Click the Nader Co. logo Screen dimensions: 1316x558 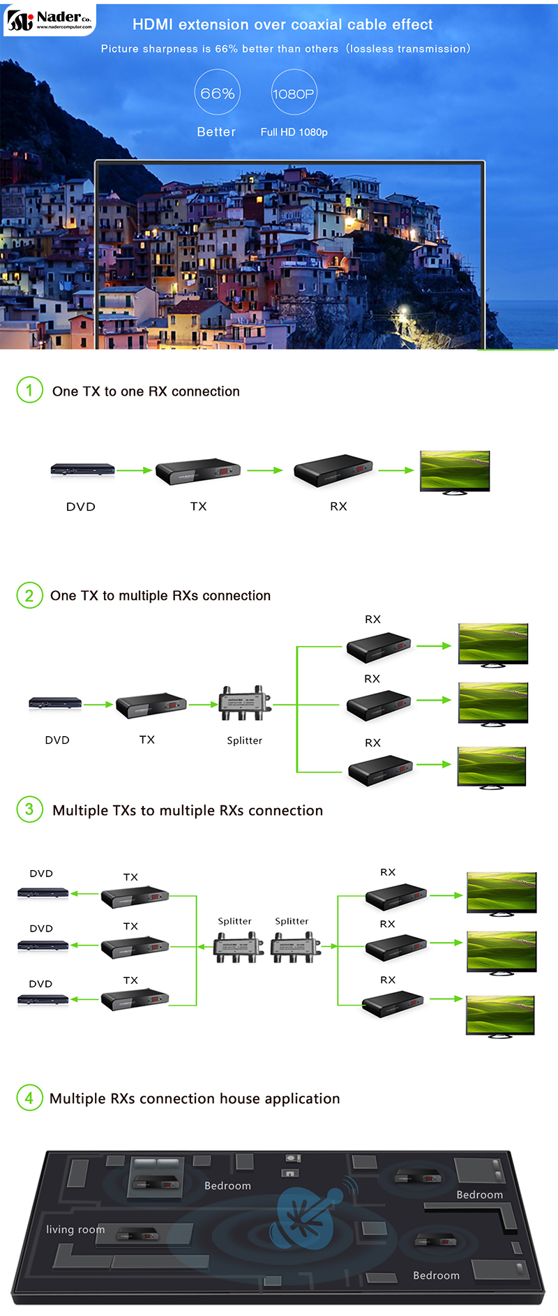[49, 20]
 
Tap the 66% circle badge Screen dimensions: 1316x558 [217, 92]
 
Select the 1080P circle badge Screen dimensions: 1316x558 [294, 92]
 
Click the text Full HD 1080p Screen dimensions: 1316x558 [294, 132]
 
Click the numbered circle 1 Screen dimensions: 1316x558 [29, 390]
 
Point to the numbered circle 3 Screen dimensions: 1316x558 [29, 809]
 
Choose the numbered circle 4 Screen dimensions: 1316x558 [29, 1098]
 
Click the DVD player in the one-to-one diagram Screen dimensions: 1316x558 [82, 470]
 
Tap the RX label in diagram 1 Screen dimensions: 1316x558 [338, 507]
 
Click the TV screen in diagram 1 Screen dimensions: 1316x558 [455, 471]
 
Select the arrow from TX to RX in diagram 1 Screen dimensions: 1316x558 [264, 470]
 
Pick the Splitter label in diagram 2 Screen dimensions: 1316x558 [244, 740]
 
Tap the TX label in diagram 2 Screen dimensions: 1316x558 [146, 740]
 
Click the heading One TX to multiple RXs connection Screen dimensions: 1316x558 [160, 595]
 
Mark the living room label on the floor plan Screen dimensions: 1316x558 [75, 1229]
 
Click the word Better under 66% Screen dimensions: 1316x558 [216, 132]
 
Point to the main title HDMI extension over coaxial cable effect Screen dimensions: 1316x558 [282, 24]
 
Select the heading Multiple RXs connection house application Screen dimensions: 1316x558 [195, 1098]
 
